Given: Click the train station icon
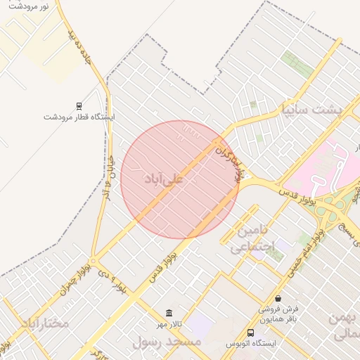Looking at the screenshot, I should coord(78,106).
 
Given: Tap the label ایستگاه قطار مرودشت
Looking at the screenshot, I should coord(79,117).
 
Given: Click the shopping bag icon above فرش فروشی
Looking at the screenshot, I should coord(278,298).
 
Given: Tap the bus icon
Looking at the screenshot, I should coord(250,333).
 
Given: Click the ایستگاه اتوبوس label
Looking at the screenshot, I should coord(251,343).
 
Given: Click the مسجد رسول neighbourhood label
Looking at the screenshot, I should coord(167,342).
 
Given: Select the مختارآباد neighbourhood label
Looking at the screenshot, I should coord(45,323).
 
